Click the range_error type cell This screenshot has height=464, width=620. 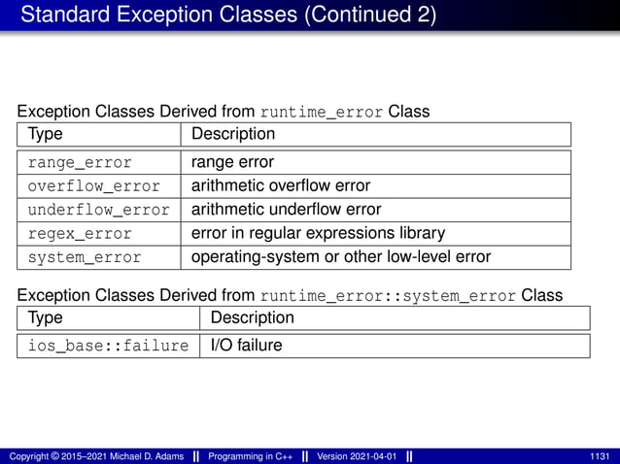point(80,162)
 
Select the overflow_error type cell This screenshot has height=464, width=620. point(94,185)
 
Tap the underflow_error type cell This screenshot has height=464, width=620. point(98,210)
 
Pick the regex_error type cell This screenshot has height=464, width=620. point(80,234)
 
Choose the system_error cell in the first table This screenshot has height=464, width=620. point(85,257)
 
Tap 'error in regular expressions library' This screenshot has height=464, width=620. point(318,234)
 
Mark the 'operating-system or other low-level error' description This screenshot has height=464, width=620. point(340,257)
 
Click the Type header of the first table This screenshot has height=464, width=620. point(45,134)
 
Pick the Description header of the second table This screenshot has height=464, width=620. point(252,317)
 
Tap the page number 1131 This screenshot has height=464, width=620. point(599,456)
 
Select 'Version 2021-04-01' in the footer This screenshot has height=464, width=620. point(357,456)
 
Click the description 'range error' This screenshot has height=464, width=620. point(232,162)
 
